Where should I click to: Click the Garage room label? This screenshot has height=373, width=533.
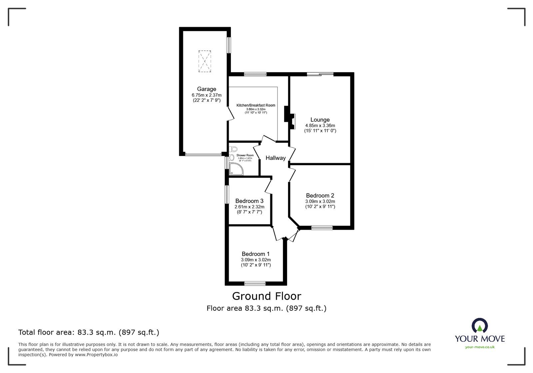(207, 89)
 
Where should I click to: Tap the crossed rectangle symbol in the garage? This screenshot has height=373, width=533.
(205, 61)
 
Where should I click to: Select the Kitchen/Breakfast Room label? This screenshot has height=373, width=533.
(256, 105)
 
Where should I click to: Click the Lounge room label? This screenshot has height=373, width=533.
(320, 120)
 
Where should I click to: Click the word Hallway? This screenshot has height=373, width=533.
(275, 158)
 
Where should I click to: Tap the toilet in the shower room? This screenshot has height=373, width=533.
(234, 149)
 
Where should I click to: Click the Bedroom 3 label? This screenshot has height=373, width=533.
(249, 201)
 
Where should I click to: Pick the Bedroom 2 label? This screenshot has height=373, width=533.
(320, 196)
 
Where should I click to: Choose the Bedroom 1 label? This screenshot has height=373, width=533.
(256, 254)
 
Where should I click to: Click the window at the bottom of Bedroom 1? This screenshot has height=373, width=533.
(255, 284)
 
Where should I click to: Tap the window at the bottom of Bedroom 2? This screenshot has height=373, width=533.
(322, 228)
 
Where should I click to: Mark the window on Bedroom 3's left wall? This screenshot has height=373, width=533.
(227, 195)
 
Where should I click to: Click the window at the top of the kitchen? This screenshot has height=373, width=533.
(255, 74)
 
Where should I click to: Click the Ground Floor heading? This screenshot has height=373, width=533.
(266, 296)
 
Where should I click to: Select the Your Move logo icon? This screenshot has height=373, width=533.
(480, 325)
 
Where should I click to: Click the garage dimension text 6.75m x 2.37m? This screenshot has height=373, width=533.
(207, 95)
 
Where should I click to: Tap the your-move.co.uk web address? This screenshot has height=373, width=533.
(480, 347)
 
